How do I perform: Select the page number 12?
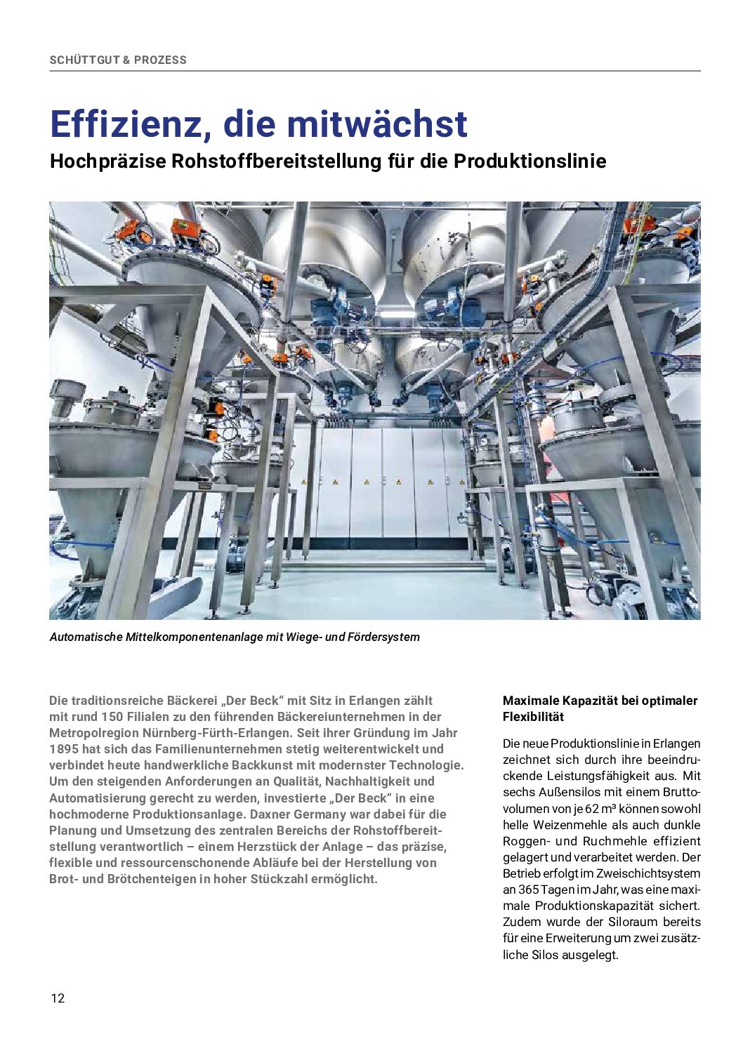[x=58, y=998]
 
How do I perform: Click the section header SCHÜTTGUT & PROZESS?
[x=118, y=60]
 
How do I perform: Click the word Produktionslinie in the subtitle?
[x=530, y=161]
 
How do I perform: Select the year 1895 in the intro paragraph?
[x=64, y=749]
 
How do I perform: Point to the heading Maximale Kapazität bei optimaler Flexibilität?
[x=600, y=708]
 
